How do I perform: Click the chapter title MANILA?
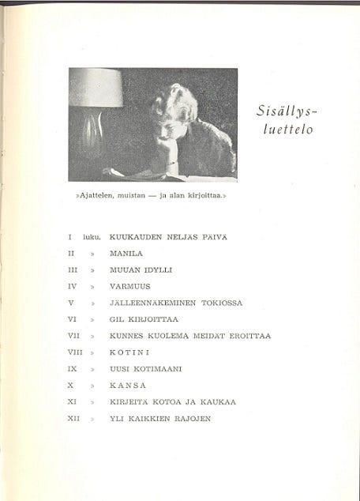tap(126, 254)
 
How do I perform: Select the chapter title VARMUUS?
tap(129, 286)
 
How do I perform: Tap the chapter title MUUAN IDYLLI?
tap(141, 269)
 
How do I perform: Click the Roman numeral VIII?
tap(75, 352)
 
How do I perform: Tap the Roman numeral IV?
tap(72, 286)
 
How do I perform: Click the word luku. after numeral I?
tap(92, 237)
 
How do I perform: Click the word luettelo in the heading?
tap(287, 130)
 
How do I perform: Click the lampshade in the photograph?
tap(96, 88)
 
